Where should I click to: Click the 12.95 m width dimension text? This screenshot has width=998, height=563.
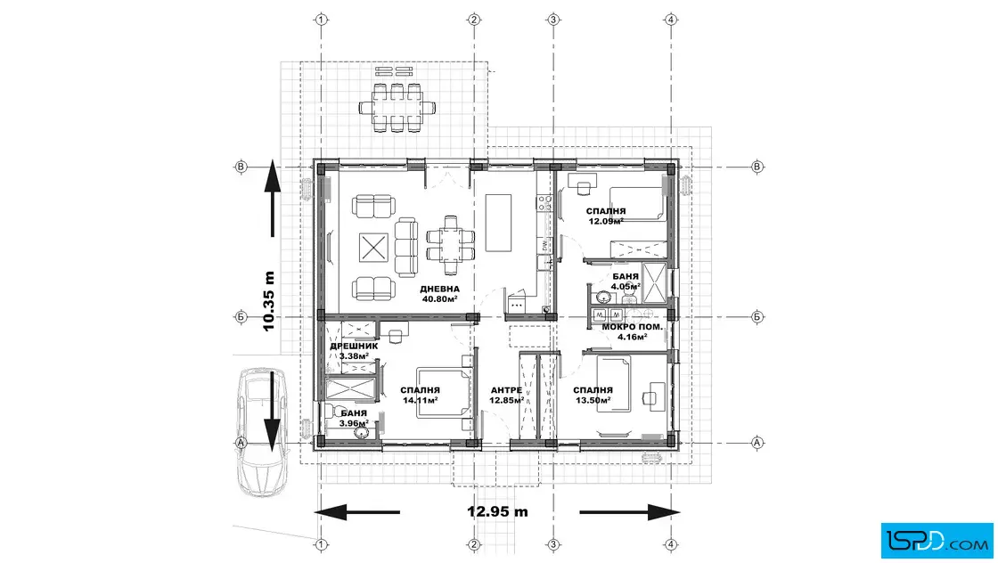pyautogui.click(x=497, y=511)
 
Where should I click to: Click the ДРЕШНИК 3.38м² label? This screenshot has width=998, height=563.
pyautogui.click(x=354, y=350)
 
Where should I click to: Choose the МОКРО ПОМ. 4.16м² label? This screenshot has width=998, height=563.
pyautogui.click(x=633, y=331)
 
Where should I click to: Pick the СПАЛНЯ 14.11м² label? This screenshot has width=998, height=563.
pyautogui.click(x=420, y=395)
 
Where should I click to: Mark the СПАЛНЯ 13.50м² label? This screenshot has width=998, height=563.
pyautogui.click(x=593, y=395)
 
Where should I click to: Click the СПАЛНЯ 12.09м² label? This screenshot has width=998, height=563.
pyautogui.click(x=605, y=215)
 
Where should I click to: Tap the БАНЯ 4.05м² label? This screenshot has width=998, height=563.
pyautogui.click(x=626, y=281)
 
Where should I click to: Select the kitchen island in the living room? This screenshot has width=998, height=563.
pyautogui.click(x=498, y=224)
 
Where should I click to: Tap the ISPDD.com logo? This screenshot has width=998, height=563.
pyautogui.click(x=935, y=538)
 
